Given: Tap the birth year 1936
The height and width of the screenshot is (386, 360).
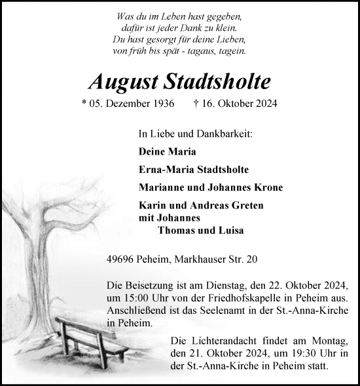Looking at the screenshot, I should point(160,104).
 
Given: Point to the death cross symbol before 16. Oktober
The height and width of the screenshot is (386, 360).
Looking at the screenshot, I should point(197,103).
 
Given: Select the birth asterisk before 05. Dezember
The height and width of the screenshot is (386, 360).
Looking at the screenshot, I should point(86,104).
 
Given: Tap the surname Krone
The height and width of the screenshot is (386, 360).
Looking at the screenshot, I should point(268,187).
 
